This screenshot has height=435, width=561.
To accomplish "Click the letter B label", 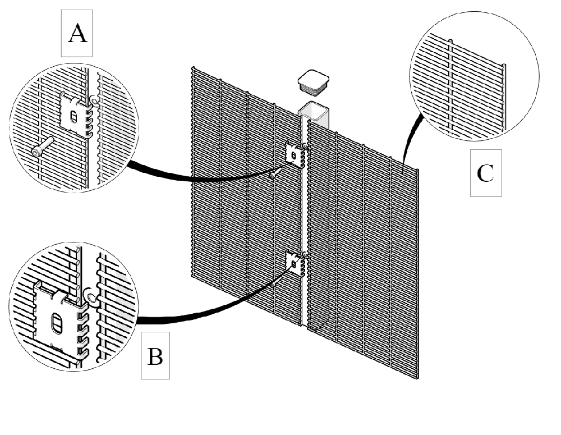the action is pyautogui.click(x=155, y=356).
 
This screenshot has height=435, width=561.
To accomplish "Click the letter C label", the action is pyautogui.click(x=485, y=173).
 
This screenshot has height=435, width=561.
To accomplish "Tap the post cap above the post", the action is pyautogui.click(x=314, y=83).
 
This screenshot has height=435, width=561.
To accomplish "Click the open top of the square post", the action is pyautogui.click(x=314, y=109).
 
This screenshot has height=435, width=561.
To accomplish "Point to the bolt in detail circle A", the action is pyautogui.click(x=42, y=147).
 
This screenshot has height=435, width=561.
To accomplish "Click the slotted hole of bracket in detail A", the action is pyautogui.click(x=73, y=117).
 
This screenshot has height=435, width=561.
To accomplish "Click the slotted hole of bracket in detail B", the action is pyautogui.click(x=57, y=323).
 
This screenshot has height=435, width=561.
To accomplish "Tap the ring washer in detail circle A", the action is pyautogui.click(x=95, y=102).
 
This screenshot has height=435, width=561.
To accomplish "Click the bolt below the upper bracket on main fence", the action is pyautogui.click(x=273, y=175).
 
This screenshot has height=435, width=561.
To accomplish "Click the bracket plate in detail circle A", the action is pyautogui.click(x=75, y=115).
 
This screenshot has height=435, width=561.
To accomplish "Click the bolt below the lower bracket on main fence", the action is pyautogui.click(x=273, y=284).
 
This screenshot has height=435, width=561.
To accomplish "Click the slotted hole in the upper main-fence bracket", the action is pyautogui.click(x=294, y=155).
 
